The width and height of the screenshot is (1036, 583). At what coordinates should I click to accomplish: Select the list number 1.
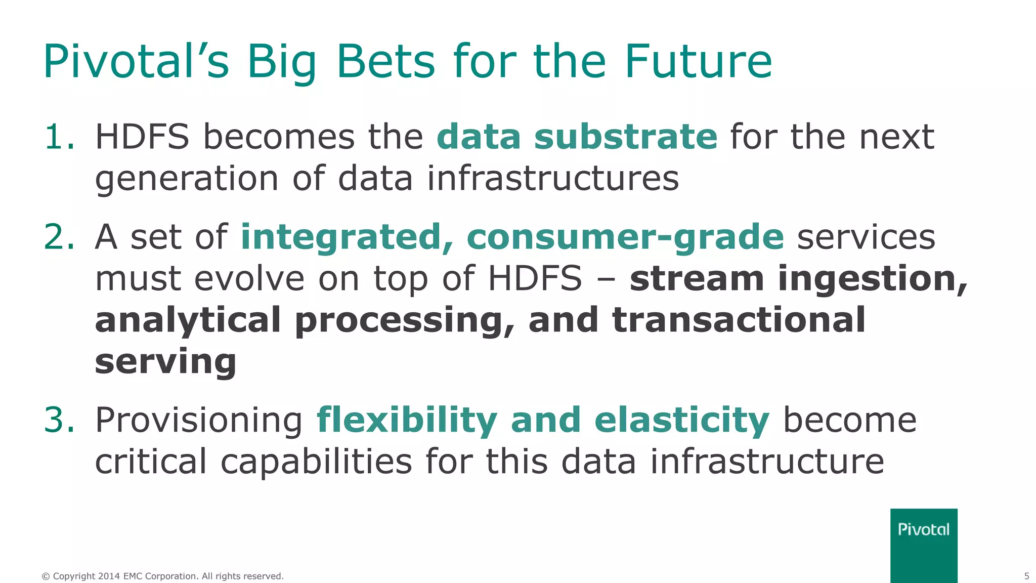[59, 137]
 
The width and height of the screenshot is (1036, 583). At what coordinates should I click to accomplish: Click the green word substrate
[626, 137]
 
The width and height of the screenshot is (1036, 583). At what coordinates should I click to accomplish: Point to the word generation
[187, 179]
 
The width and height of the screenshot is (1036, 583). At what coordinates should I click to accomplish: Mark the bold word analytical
[188, 321]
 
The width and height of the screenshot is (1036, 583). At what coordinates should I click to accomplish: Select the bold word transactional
[739, 320]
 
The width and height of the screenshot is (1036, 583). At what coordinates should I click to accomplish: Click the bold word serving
[165, 362]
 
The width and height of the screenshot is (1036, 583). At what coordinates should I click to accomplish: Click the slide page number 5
[1026, 576]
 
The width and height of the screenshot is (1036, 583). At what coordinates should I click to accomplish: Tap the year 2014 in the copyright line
[109, 576]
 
